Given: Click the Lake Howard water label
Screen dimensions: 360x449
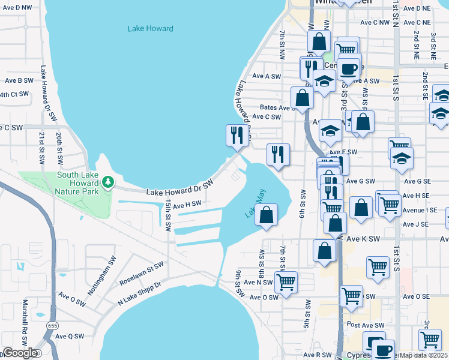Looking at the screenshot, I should click(x=151, y=28).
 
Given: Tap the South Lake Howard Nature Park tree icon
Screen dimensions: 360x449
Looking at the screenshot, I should click(x=107, y=181).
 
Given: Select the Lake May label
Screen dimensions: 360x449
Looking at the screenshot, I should click(x=255, y=203).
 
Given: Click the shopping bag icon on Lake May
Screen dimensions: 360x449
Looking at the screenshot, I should click(x=266, y=214).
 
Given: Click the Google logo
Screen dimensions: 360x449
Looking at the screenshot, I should click(x=19, y=353).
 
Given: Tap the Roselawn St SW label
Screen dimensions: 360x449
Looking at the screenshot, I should click(x=141, y=268).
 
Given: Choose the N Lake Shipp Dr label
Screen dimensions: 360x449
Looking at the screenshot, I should click(x=139, y=293).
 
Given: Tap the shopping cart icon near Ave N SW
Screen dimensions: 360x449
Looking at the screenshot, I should click(x=286, y=281).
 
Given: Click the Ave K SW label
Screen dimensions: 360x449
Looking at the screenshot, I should click(x=363, y=239).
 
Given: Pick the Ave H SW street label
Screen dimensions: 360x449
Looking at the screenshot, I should click(x=187, y=204).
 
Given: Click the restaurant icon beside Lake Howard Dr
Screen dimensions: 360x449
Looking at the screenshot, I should click(x=235, y=135).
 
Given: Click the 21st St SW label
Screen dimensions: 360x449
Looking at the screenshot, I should click(x=41, y=149).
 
